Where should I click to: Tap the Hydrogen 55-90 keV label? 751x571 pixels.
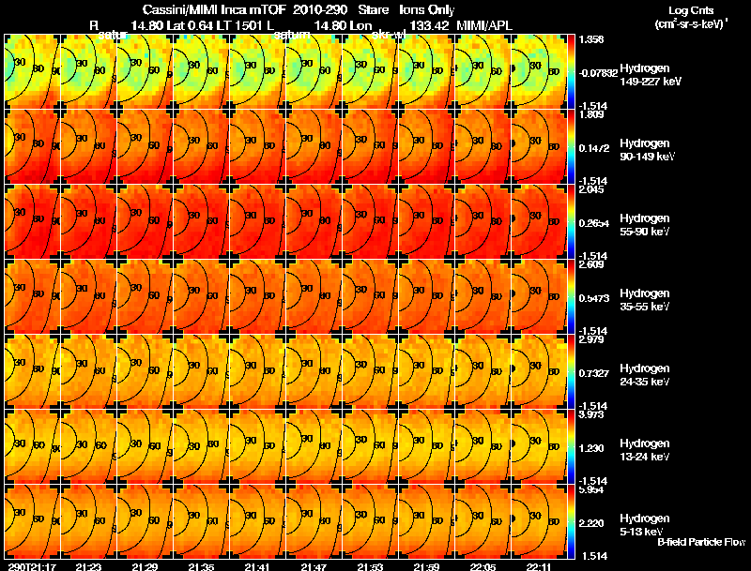pos(646,225)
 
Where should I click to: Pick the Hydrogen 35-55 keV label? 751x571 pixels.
pos(646,300)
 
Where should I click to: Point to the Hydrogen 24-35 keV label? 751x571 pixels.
pos(646,375)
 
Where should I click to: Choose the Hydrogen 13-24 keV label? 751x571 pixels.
pos(646,450)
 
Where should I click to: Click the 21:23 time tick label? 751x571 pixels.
pos(89,566)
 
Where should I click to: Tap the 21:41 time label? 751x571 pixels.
pos(258,566)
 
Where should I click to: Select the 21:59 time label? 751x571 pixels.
pos(427,566)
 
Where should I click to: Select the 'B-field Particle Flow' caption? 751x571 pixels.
pos(700,543)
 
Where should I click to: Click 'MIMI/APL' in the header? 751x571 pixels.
pos(483,24)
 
